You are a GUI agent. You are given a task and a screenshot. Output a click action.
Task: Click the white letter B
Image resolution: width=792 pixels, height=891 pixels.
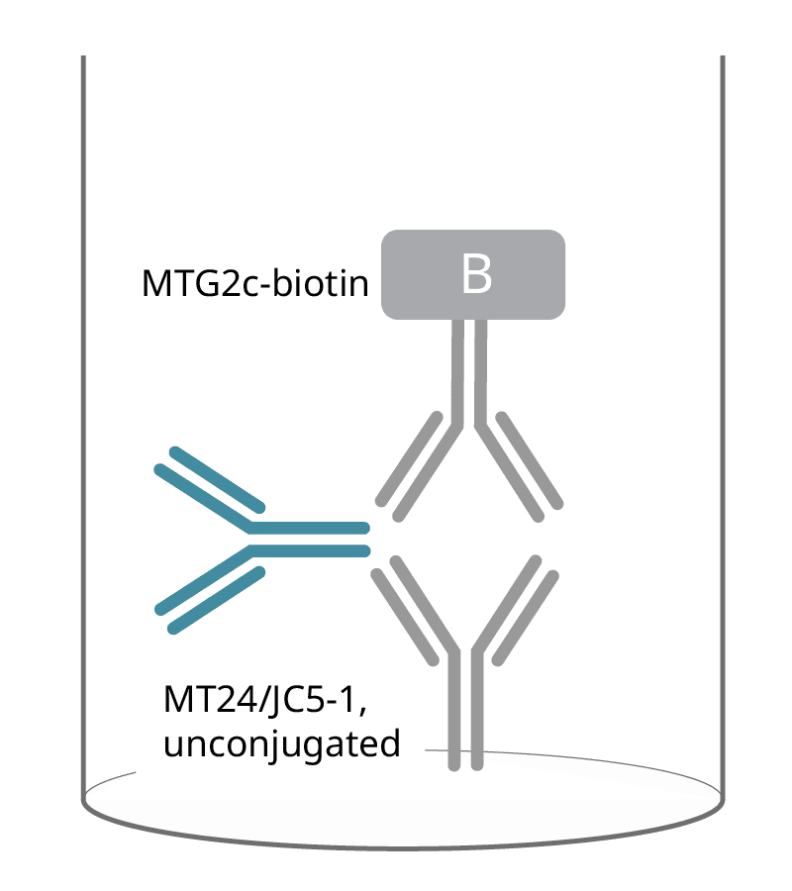476,274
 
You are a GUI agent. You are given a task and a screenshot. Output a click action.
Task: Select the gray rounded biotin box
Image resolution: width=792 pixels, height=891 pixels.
473,274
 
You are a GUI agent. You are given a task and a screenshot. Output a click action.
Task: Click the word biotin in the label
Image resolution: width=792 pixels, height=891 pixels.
321,282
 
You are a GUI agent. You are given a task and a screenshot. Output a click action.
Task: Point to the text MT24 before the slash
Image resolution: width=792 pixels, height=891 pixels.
210,699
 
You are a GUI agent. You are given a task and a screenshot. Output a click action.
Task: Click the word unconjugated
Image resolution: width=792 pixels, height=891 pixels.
282,744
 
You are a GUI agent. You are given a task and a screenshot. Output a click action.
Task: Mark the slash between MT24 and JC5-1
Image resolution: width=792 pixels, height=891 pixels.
262,700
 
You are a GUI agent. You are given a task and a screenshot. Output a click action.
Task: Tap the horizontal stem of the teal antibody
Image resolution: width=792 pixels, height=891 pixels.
310,540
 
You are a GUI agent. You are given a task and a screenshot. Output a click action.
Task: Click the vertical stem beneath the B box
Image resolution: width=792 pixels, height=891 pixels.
469,372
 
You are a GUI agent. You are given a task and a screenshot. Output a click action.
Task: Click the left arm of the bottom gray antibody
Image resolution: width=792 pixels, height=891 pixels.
414,610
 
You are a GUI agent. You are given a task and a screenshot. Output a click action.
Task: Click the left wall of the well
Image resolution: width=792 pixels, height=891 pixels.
83,426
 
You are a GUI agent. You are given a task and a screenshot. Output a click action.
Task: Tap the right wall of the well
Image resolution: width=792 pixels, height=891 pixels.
723,426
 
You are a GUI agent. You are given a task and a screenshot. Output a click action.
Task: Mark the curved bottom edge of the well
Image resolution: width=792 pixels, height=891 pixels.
403,847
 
